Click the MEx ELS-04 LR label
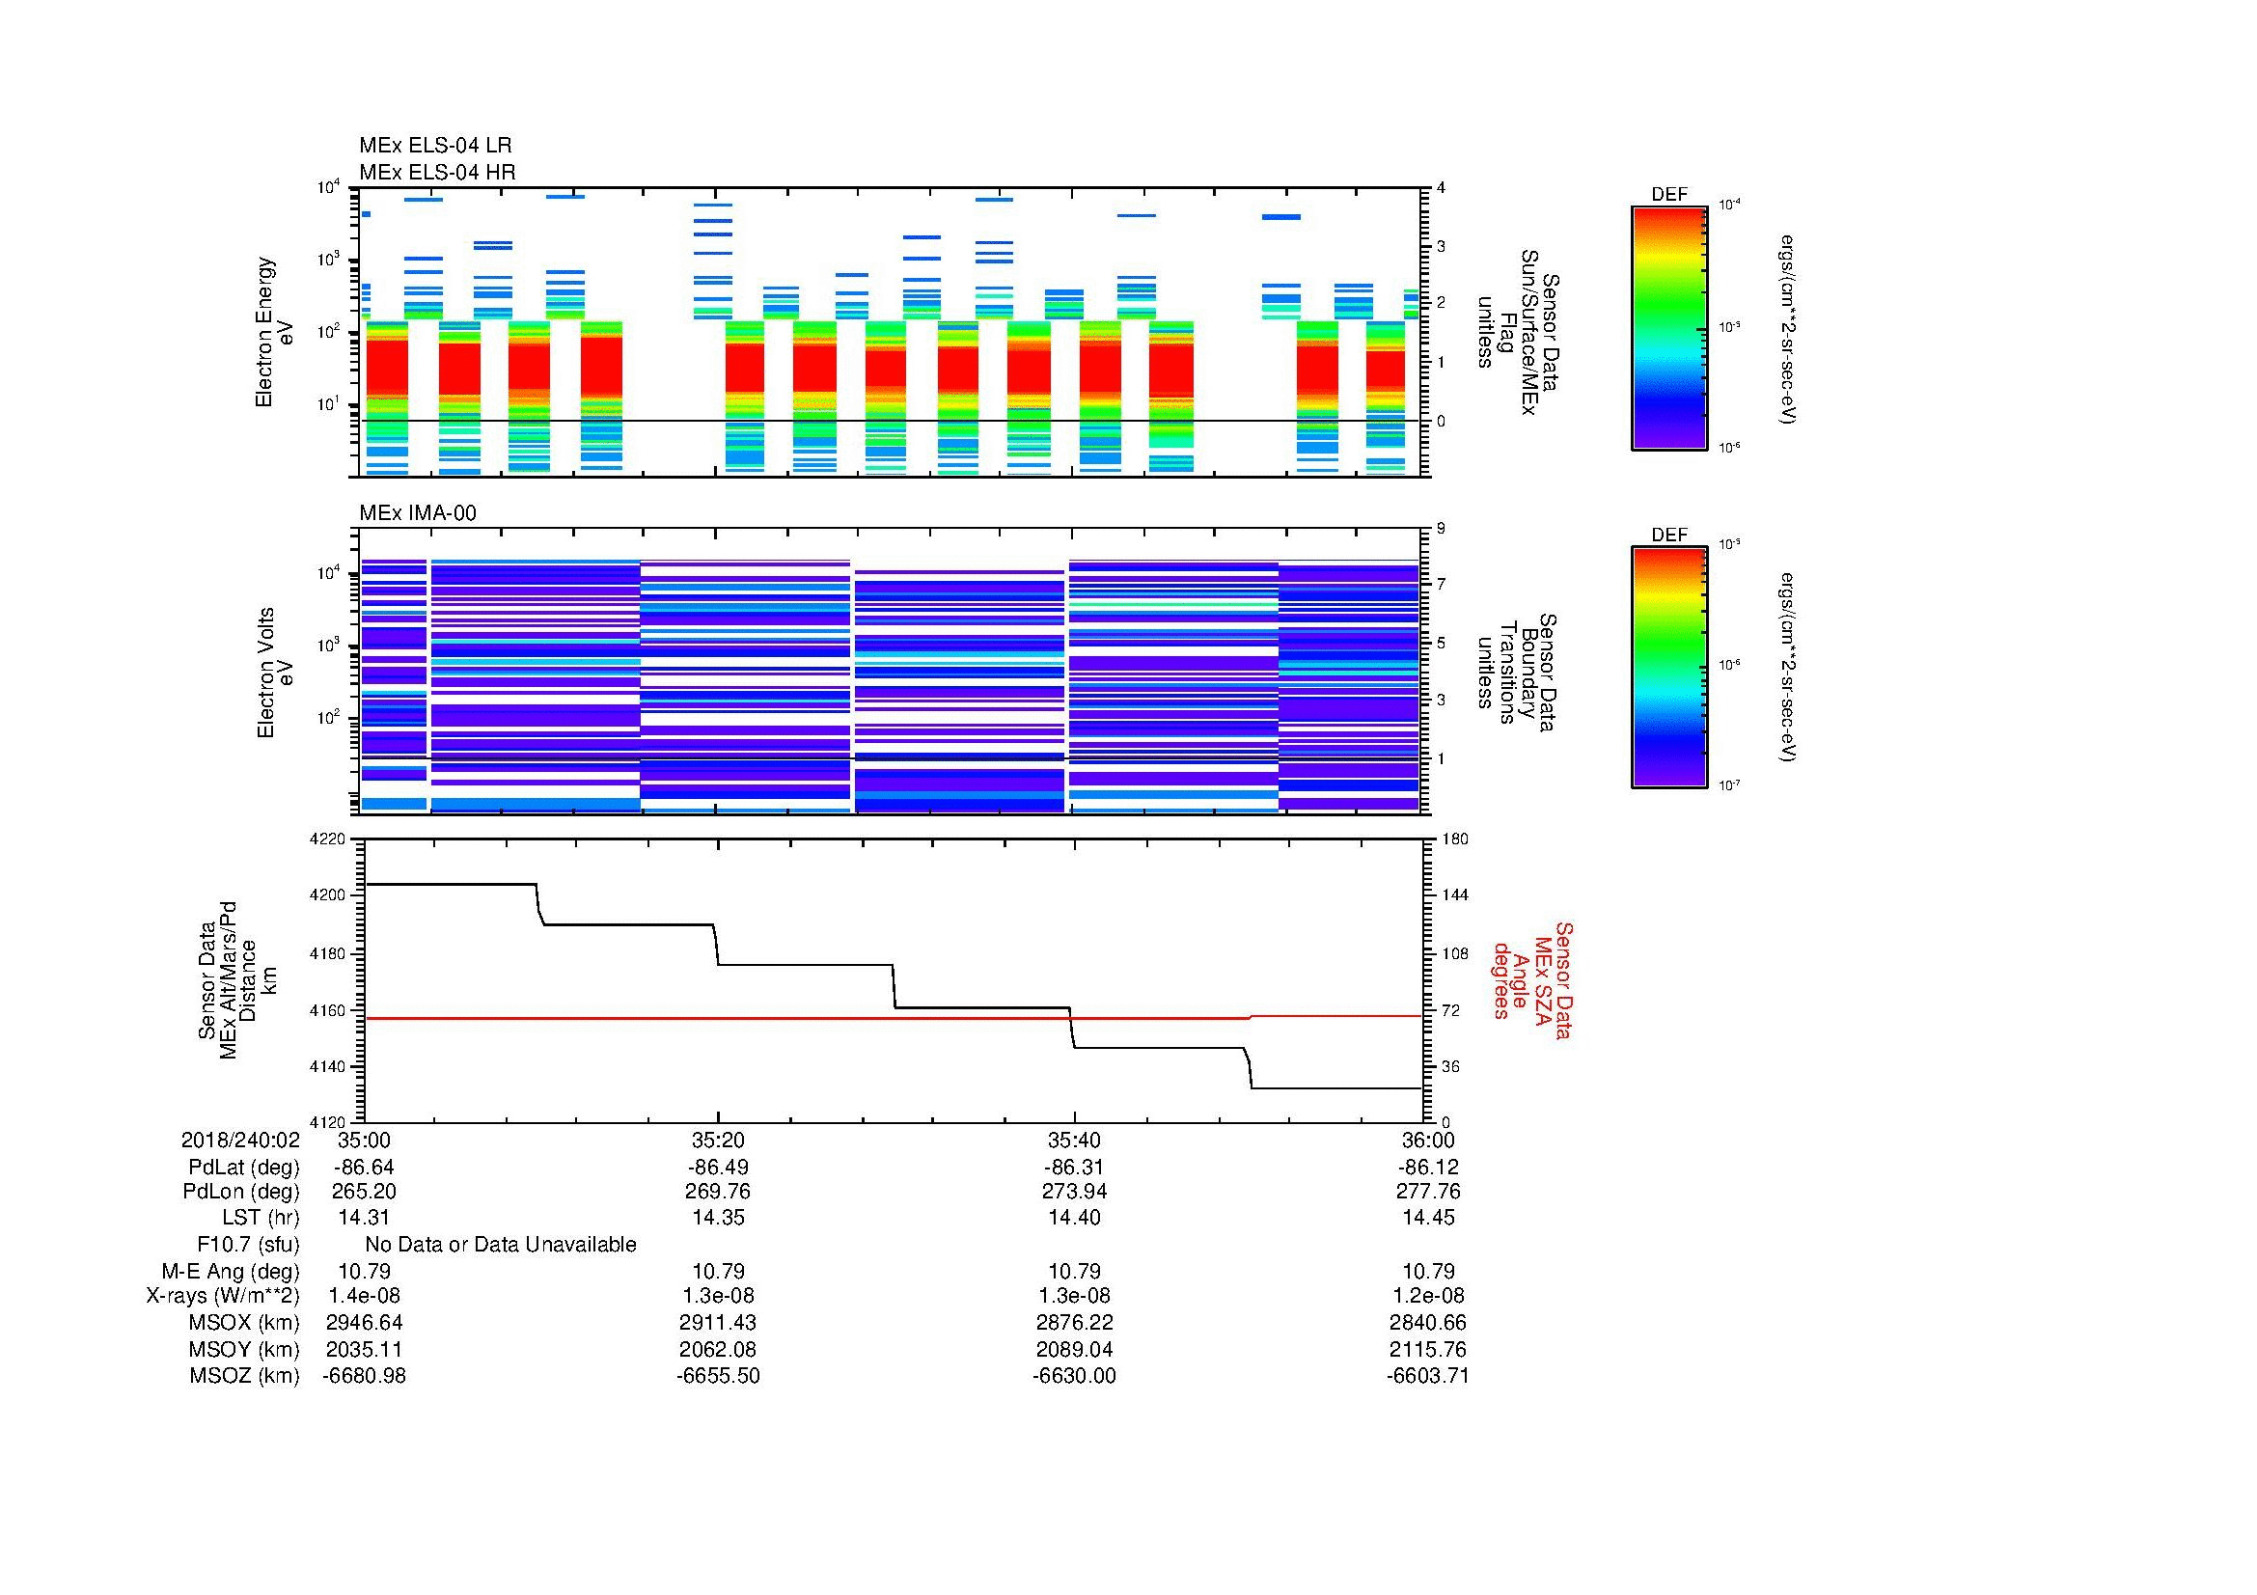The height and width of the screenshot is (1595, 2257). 434,146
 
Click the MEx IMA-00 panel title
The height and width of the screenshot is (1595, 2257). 417,513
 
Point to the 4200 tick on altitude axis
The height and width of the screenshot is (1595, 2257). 330,896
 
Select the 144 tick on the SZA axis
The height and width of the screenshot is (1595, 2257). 1454,895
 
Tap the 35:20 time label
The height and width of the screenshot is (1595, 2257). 718,1141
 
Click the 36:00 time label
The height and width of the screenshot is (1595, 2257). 1428,1141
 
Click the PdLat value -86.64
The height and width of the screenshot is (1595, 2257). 364,1168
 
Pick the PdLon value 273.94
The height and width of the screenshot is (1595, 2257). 1073,1192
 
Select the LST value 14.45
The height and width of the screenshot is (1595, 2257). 1428,1218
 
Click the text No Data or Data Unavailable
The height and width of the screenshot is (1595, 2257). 501,1245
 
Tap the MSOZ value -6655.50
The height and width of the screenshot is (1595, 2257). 718,1376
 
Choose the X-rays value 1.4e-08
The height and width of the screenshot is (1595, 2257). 364,1296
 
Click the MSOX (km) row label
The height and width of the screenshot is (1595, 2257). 244,1323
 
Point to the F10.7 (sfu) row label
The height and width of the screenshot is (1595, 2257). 248,1245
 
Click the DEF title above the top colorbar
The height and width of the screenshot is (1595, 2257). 1668,195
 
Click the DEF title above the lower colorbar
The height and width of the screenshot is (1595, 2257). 1668,535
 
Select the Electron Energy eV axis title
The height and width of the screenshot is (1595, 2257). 274,332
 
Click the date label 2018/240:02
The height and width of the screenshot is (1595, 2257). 240,1141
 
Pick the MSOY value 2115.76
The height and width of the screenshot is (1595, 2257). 1428,1349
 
